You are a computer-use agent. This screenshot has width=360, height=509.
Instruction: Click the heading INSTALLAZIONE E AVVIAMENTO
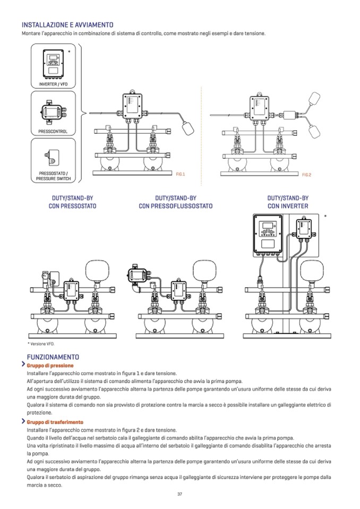tap(67, 25)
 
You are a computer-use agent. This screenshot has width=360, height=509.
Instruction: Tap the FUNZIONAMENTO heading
tap(53, 357)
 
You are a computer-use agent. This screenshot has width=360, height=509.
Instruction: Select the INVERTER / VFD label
tap(53, 84)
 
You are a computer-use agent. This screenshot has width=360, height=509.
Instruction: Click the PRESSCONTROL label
tap(53, 131)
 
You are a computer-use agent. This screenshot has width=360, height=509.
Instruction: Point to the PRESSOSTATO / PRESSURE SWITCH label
tap(53, 176)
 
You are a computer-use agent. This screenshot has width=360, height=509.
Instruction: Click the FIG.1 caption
tap(180, 174)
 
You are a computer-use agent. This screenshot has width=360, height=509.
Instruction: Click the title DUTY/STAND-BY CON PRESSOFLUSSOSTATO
tap(175, 202)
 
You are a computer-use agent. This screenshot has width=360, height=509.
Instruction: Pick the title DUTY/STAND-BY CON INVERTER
tap(288, 202)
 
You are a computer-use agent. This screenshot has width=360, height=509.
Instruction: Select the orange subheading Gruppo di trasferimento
tap(54, 422)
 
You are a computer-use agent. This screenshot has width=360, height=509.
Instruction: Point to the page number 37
tap(180, 494)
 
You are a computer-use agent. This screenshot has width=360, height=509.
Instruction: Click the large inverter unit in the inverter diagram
tap(270, 234)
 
